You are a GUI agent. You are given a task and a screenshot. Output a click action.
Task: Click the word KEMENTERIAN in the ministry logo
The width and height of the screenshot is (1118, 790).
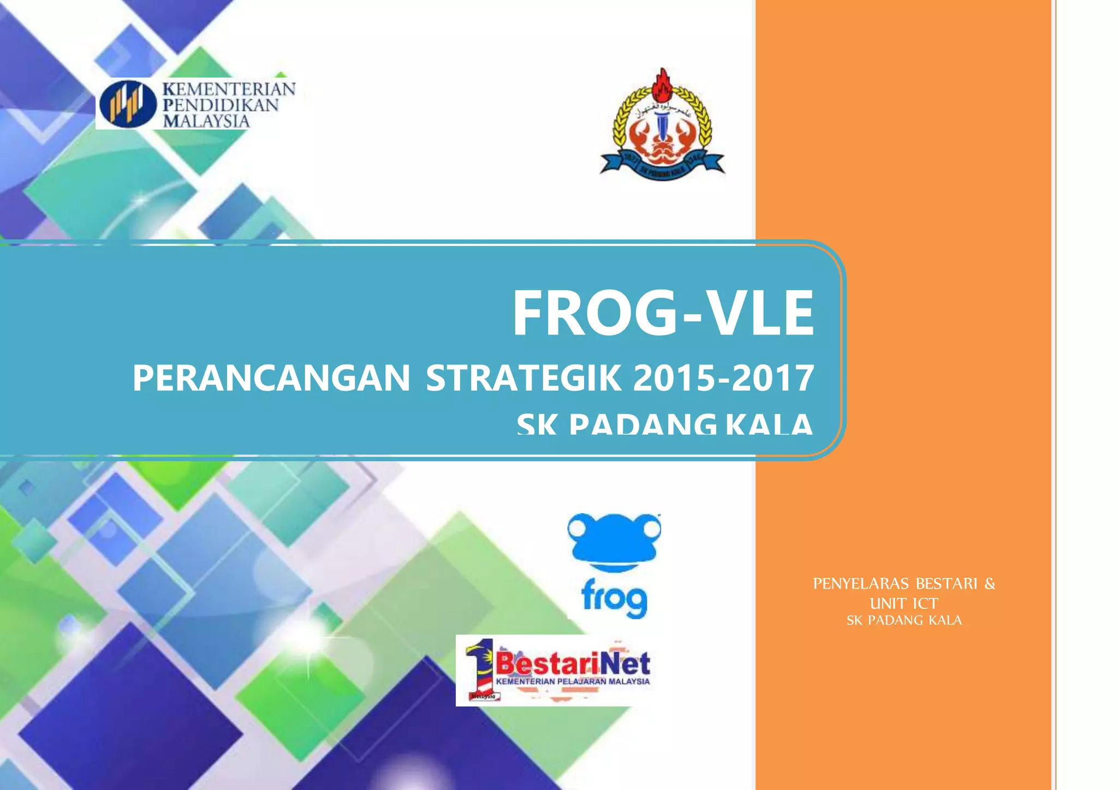click(229, 89)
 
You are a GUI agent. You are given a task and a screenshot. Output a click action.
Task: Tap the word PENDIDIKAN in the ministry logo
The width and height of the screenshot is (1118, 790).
click(221, 105)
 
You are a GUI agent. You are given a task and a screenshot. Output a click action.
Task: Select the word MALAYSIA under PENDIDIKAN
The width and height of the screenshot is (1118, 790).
click(206, 121)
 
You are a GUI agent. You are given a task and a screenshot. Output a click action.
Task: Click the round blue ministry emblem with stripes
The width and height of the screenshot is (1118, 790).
click(128, 104)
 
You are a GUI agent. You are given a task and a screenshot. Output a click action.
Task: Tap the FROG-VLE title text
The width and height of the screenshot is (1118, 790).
click(663, 314)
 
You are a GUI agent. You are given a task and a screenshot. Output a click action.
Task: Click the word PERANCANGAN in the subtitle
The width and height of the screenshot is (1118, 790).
click(271, 378)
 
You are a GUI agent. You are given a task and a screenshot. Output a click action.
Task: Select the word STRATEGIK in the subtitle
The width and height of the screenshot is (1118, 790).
click(524, 378)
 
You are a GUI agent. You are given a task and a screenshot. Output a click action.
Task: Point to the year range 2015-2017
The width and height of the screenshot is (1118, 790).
click(724, 378)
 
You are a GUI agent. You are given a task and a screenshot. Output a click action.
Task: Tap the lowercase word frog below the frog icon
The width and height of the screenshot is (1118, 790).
click(614, 599)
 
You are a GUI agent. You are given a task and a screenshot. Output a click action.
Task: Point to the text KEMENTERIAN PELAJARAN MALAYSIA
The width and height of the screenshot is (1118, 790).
click(573, 681)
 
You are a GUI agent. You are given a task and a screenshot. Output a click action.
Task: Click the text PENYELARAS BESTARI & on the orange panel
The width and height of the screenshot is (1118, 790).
click(904, 584)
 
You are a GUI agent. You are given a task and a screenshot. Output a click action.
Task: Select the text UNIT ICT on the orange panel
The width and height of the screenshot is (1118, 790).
click(904, 603)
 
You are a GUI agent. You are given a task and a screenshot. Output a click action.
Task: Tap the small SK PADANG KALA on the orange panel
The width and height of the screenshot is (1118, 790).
click(904, 620)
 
